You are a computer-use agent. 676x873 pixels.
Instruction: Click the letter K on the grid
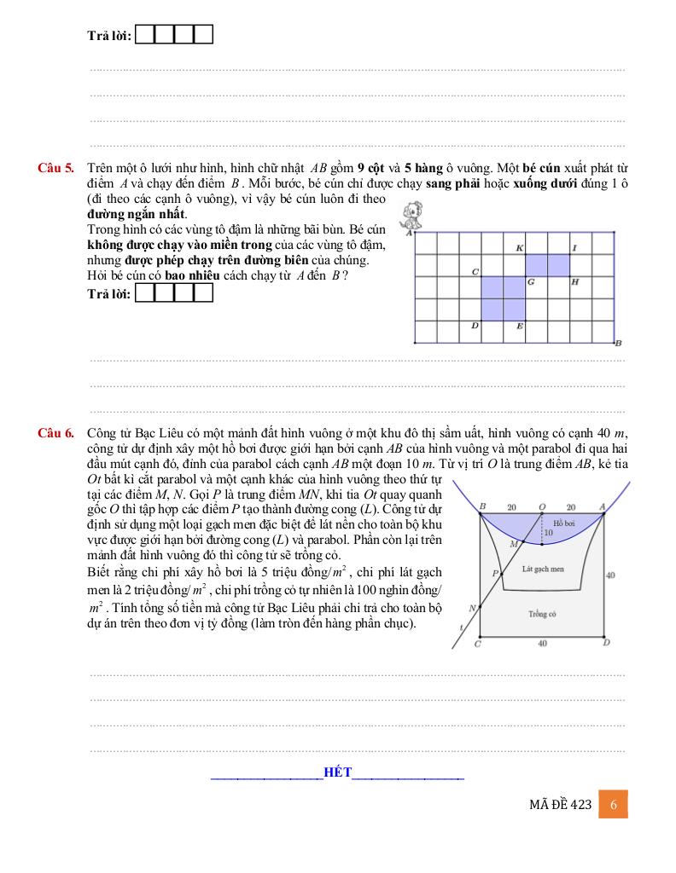[x=520, y=247]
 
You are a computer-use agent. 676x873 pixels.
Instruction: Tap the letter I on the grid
[x=574, y=248]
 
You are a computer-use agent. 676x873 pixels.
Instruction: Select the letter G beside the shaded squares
[x=531, y=281]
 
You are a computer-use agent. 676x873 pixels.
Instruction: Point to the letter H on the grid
[x=574, y=281]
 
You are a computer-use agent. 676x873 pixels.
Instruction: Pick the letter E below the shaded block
[x=520, y=326]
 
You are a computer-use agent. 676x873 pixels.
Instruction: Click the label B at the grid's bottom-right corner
[x=618, y=344]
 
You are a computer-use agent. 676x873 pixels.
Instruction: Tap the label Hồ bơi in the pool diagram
[x=564, y=522]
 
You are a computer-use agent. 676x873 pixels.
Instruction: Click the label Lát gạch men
[x=543, y=569]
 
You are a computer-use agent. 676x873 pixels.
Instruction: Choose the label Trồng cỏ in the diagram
[x=542, y=614]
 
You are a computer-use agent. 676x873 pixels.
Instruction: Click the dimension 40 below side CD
[x=542, y=645]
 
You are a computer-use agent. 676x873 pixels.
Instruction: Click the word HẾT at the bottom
[x=338, y=772]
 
